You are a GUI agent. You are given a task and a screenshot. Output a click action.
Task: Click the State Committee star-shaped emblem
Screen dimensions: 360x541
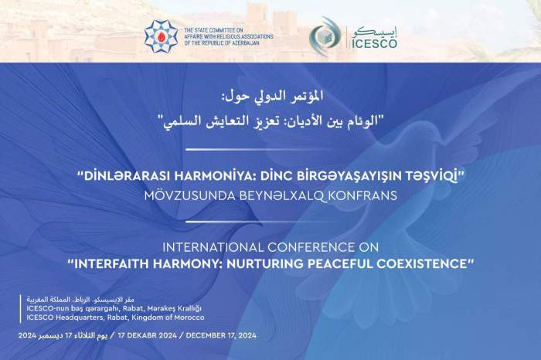(x=161, y=36)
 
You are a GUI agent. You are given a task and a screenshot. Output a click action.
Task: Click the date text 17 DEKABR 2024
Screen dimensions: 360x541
(x=151, y=336)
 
